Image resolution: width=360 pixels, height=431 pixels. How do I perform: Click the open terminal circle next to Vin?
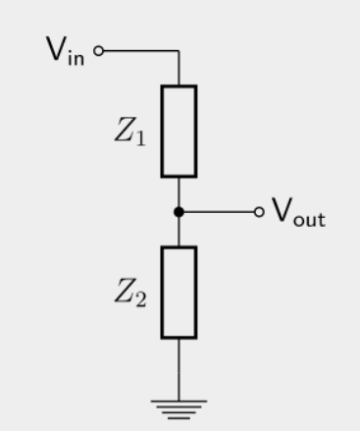pos(98,51)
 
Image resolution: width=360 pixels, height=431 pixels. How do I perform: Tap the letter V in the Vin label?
pos(56,48)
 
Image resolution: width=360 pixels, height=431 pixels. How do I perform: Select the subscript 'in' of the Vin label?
pos(76,58)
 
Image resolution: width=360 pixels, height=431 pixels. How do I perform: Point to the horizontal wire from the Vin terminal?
pos(141,51)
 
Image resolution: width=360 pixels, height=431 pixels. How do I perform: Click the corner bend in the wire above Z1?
pos(179,51)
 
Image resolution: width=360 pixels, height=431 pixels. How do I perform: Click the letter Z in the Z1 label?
pos(125,130)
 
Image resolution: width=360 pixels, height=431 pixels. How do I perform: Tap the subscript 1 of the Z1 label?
pos(140,138)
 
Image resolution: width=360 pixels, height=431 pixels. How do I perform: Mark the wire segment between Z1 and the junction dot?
pos(179,192)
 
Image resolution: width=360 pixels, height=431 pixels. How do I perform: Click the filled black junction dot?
pos(179,212)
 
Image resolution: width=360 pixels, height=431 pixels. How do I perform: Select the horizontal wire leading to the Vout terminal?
pos(219,212)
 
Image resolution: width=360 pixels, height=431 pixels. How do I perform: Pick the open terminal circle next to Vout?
pos(259,212)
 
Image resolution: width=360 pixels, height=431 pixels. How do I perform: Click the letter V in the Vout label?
pos(282,210)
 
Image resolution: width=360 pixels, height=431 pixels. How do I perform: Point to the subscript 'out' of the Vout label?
pos(309,219)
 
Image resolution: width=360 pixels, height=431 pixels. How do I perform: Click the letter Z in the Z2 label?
pos(125,291)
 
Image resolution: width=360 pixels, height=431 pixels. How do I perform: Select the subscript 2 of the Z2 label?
pos(141,299)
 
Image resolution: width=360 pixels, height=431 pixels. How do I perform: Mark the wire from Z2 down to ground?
pos(179,369)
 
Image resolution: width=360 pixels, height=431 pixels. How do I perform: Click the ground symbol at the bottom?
pos(179,409)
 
